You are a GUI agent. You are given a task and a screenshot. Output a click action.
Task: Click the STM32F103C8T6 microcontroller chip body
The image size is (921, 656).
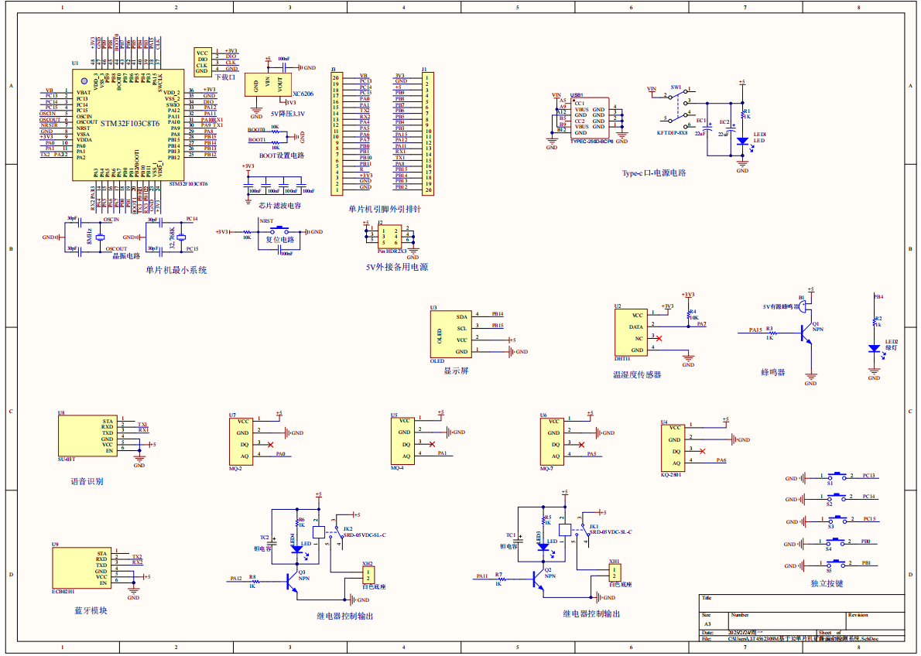tap(128, 125)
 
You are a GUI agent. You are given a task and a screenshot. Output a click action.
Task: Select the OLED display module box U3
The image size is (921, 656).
tap(450, 333)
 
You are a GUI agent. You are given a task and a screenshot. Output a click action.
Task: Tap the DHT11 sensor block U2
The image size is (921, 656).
tap(630, 333)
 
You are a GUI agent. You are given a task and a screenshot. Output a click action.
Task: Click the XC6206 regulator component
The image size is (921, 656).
tap(269, 84)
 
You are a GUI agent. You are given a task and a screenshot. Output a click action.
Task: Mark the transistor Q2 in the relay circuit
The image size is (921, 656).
tap(538, 579)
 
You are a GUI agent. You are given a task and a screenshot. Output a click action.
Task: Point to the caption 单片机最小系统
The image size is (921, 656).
tap(176, 270)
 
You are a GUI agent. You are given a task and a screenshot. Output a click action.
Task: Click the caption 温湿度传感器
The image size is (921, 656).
tap(637, 374)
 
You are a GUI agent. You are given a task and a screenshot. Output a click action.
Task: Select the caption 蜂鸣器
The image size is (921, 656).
tap(772, 372)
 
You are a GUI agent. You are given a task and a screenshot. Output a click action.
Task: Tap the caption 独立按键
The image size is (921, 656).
tap(827, 583)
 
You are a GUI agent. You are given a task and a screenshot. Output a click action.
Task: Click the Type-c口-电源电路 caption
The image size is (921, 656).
tap(654, 173)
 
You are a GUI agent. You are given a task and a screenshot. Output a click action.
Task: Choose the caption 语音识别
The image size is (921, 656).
tap(87, 481)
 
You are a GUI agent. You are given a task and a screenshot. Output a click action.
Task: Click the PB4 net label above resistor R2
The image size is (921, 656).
tap(878, 296)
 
